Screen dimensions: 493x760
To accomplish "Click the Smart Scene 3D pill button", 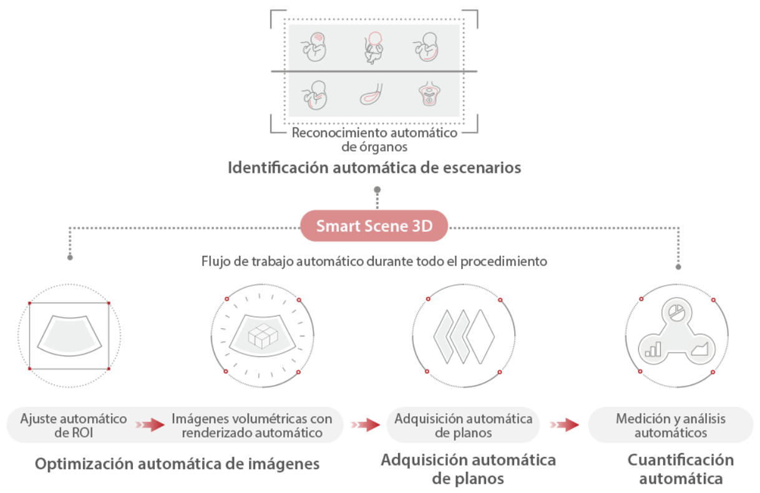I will tap(374, 226).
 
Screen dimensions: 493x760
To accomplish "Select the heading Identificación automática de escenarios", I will tap(374, 168).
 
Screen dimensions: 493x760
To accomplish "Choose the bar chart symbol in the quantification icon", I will tap(653, 349).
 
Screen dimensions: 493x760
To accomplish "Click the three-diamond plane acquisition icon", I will tap(464, 337).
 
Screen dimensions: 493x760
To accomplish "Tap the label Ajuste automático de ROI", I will tap(74, 425).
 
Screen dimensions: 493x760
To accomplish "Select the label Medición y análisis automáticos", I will tap(670, 425).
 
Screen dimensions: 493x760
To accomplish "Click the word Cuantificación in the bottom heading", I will tap(680, 460).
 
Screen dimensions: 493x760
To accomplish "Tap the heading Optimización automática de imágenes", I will tap(177, 464).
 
